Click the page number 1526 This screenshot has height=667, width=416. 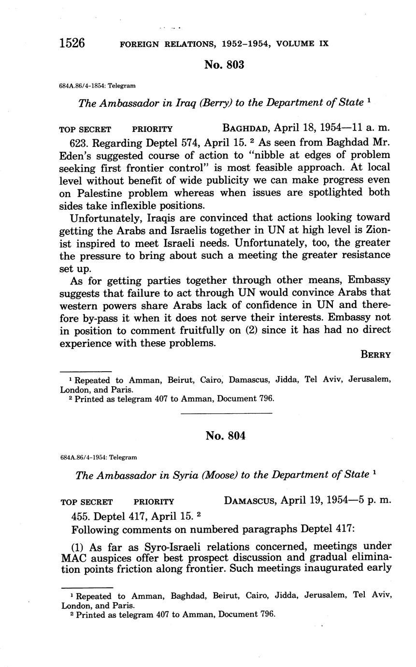click(72, 43)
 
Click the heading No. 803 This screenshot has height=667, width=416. click(224, 65)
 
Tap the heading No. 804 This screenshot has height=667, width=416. click(225, 435)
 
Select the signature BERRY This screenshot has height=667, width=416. click(375, 355)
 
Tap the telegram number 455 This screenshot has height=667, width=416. click(80, 515)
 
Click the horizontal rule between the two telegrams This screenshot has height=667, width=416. click(226, 413)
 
